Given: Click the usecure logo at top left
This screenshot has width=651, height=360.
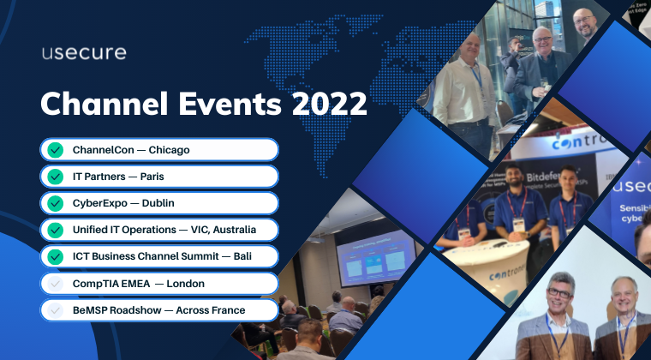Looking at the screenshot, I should pos(84,52).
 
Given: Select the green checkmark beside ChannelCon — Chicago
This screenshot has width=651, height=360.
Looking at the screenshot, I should pos(56,150).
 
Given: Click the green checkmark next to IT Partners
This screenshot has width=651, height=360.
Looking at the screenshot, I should pos(56,177).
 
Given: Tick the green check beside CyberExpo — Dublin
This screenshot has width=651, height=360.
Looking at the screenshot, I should pos(56,203).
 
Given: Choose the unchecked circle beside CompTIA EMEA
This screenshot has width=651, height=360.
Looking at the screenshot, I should pos(56,283).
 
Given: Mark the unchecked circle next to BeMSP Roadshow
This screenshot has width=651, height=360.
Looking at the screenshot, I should pos(56,309).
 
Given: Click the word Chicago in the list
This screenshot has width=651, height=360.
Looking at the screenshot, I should pos(169,150).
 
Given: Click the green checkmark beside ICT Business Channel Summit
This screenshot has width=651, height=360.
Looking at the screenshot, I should pos(56,256).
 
